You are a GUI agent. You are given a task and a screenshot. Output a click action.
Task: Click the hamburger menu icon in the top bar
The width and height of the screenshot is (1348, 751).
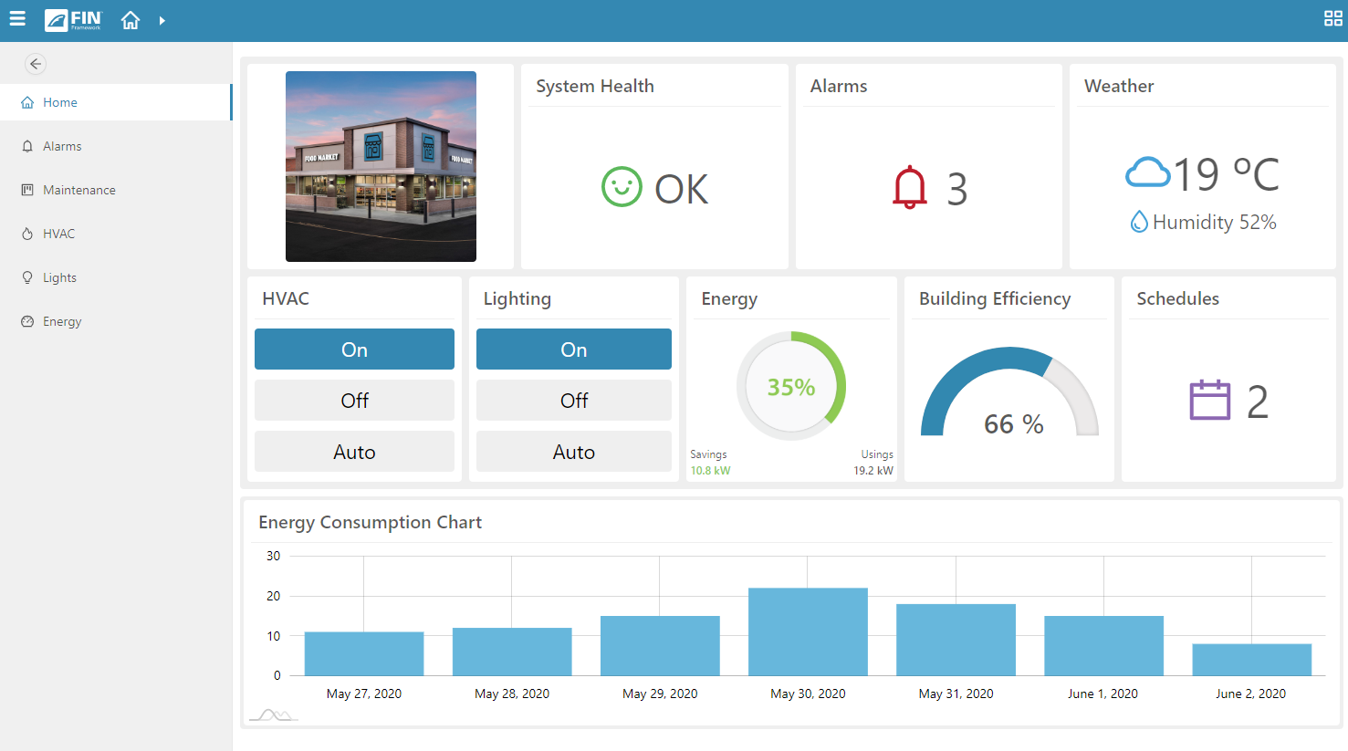pos(17,19)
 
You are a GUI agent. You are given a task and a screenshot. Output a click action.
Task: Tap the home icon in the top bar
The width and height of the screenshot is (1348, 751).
pos(131,20)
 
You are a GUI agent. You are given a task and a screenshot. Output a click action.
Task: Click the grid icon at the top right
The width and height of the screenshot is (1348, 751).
pos(1332,19)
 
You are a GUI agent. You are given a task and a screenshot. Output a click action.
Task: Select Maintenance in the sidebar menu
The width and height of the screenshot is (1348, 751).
pos(79,190)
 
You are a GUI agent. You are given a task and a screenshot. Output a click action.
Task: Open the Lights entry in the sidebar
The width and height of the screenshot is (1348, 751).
pos(59,277)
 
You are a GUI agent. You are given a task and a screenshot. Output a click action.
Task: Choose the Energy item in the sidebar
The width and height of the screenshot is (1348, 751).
pos(62,321)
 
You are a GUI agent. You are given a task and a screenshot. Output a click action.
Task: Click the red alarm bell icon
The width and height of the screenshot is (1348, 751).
pos(909,188)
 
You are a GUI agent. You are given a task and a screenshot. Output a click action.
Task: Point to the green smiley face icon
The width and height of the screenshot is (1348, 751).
pos(622,187)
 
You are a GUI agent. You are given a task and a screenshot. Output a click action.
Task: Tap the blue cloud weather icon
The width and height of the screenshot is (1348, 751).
pos(1147,172)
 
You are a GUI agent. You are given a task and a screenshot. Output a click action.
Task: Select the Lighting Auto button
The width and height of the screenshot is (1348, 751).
pos(573,452)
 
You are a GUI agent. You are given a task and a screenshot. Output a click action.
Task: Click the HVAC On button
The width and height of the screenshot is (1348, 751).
pos(354,349)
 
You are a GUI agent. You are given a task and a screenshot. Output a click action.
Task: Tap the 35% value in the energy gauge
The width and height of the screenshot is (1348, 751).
pos(790,387)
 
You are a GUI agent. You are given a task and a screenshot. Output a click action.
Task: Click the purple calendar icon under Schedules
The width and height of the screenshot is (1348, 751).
pos(1210,400)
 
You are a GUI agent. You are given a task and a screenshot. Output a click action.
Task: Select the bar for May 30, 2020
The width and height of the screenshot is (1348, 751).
pos(808,631)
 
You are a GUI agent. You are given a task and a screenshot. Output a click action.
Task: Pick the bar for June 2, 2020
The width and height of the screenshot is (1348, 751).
pos(1251,660)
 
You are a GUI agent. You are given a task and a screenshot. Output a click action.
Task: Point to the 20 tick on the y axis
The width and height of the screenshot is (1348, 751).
pos(273,596)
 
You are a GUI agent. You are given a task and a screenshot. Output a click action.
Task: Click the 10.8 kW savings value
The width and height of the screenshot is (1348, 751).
pos(710,471)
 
